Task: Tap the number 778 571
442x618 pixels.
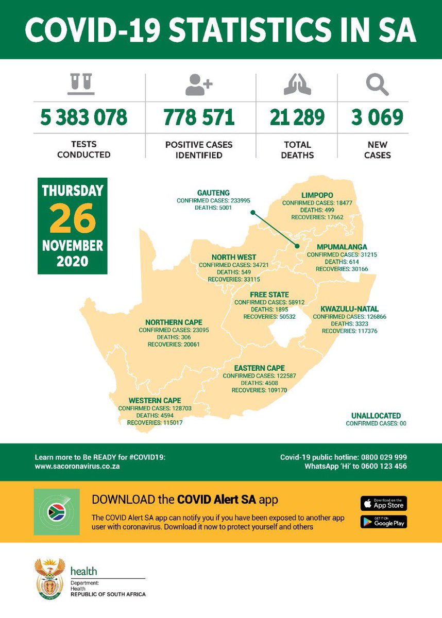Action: point(199,117)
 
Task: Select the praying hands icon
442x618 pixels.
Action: point(297,85)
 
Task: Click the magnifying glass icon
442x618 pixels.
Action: point(377,85)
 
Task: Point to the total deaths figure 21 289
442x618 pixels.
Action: point(297,117)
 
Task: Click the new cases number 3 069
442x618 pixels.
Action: point(377,117)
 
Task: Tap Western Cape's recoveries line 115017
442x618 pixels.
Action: point(155,422)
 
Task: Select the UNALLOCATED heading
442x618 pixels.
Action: point(376,416)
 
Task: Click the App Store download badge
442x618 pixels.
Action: point(383,503)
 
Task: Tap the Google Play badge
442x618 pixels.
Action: point(383,521)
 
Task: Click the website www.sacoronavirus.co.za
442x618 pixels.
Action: point(77,466)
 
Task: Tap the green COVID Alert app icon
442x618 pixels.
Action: point(57,512)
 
